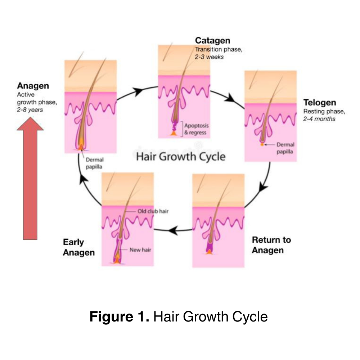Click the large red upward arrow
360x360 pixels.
(x=30, y=180)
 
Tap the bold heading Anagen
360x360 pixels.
(x=33, y=86)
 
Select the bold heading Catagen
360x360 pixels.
(x=212, y=41)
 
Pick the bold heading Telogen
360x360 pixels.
(x=319, y=103)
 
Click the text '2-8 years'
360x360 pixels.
(x=30, y=110)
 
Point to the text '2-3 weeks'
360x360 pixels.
(x=209, y=57)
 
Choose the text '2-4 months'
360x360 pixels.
(x=319, y=119)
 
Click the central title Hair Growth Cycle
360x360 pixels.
(x=181, y=157)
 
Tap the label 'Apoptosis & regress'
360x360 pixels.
(x=196, y=129)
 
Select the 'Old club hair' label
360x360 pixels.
(x=153, y=211)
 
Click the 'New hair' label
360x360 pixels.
(x=140, y=250)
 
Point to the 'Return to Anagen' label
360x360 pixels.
(x=271, y=245)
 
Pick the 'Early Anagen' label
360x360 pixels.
(x=79, y=247)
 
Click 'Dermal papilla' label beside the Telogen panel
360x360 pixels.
(x=285, y=148)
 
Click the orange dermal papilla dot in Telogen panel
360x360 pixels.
(x=262, y=145)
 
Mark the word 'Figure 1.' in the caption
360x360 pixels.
(x=119, y=317)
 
